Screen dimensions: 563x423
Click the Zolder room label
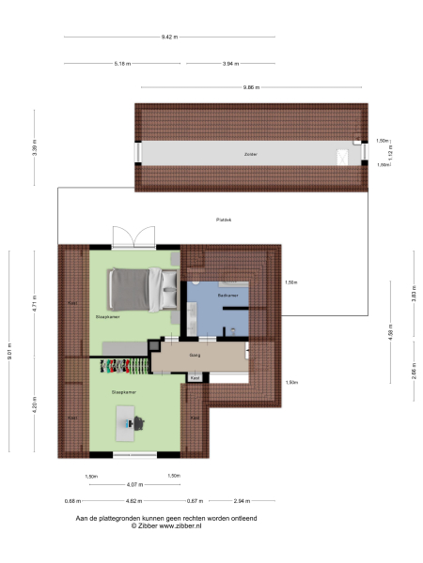[250, 154]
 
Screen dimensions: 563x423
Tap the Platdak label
[223, 220]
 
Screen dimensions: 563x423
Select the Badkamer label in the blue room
[227, 295]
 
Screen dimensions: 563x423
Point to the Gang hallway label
[196, 356]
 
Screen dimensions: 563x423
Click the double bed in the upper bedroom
[142, 288]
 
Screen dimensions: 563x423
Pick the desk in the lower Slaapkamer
[130, 421]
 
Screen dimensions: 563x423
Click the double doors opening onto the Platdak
[131, 238]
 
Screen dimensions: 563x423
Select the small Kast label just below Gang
[196, 378]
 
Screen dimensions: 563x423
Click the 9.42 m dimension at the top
[169, 37]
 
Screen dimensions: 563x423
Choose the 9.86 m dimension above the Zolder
[250, 87]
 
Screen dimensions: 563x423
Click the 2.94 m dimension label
[243, 502]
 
